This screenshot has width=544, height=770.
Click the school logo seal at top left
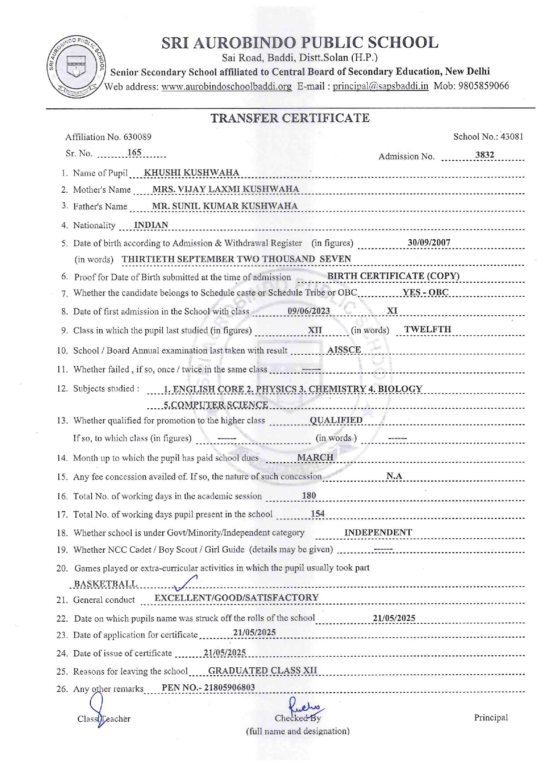76,66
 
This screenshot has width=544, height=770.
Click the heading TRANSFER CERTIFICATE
290,118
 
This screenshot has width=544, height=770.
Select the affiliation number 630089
137,137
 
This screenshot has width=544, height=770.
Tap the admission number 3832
484,155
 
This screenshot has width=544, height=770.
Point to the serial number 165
134,152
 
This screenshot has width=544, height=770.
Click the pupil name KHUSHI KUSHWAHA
192,173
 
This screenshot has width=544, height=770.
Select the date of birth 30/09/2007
429,242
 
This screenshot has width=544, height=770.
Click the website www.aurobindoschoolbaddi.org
226,86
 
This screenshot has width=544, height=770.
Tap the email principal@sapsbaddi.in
380,86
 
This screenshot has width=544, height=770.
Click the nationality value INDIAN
151,225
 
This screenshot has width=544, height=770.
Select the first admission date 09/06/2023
308,311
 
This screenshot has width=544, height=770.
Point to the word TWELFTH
427,329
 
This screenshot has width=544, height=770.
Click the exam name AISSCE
344,350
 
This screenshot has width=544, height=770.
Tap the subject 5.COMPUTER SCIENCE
216,404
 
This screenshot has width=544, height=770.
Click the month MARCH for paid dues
315,457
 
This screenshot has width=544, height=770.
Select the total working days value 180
309,495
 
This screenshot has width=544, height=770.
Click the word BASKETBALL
105,583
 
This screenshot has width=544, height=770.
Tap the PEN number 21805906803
229,687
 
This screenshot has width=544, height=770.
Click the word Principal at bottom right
490,717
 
